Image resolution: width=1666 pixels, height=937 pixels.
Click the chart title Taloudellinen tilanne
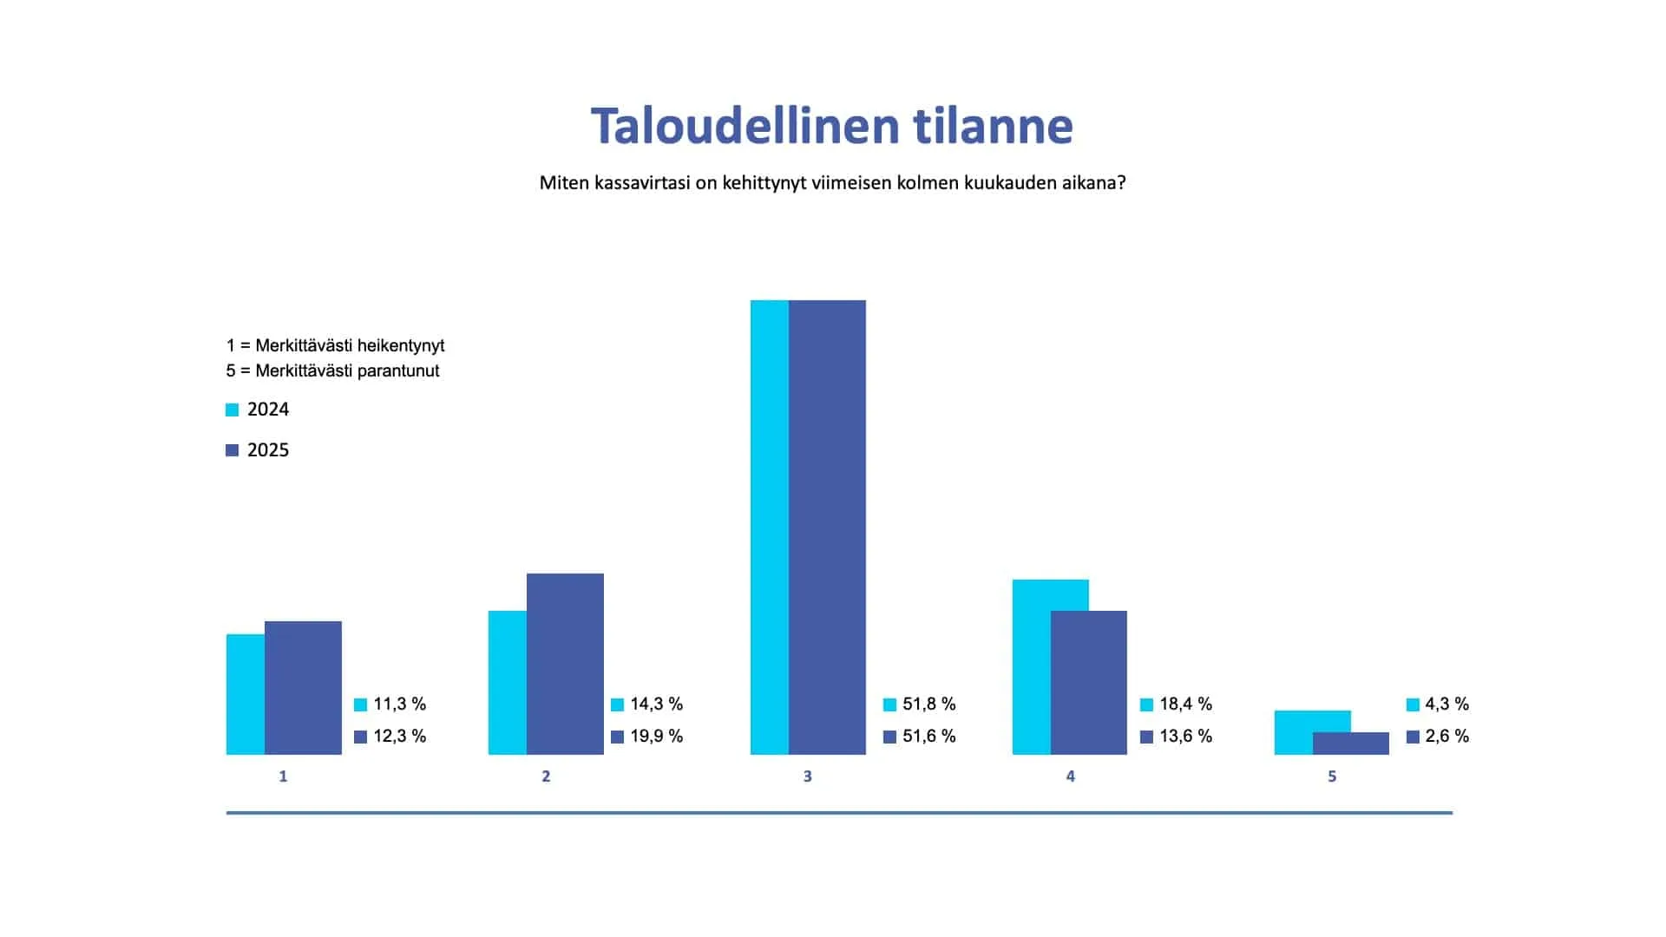point(832,127)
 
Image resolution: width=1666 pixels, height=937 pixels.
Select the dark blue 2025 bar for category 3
point(827,527)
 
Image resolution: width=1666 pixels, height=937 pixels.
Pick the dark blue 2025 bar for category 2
point(565,664)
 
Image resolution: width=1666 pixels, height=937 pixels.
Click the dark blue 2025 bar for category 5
point(1351,744)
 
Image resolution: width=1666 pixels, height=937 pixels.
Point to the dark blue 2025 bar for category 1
point(303,688)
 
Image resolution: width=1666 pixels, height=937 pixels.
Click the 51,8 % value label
point(928,704)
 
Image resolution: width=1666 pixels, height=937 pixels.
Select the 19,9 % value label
point(657,736)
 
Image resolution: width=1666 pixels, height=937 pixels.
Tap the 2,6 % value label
point(1446,736)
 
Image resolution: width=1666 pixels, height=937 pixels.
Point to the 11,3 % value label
point(400,704)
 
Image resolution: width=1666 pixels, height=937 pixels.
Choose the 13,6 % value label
point(1186,736)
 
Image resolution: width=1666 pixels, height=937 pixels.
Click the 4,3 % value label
point(1446,704)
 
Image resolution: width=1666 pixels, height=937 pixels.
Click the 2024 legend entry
point(258,410)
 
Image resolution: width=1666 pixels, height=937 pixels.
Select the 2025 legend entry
point(258,450)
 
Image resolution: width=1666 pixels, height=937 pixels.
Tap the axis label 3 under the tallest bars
point(808,776)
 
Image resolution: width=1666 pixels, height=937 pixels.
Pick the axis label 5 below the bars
point(1332,776)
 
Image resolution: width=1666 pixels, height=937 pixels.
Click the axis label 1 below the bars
point(283,776)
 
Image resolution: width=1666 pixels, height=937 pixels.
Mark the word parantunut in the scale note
point(397,370)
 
